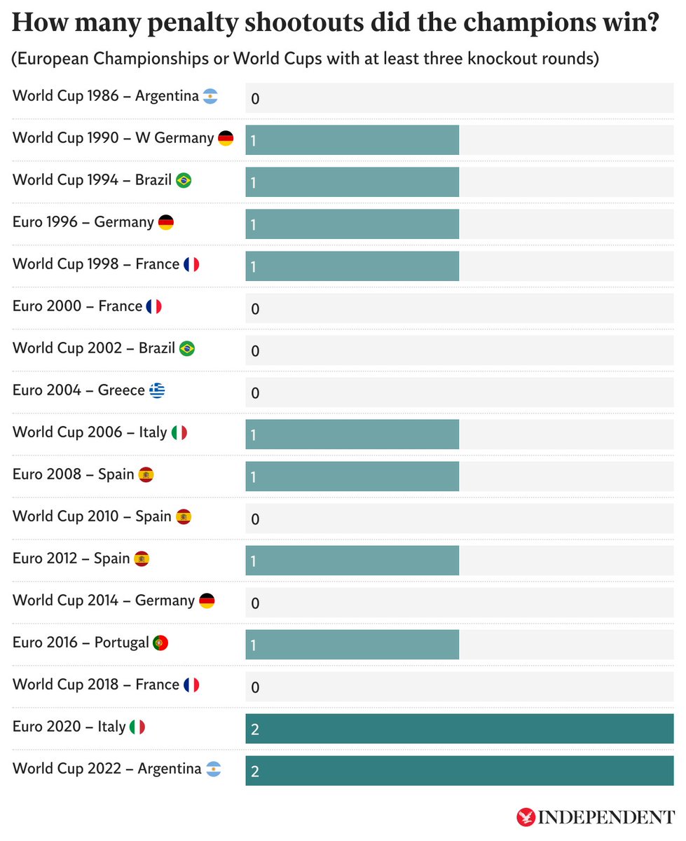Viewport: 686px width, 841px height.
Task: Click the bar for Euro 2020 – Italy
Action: (459, 729)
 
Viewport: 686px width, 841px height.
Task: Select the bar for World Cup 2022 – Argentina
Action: (459, 771)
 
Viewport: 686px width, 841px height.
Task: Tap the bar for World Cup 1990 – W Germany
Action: (352, 140)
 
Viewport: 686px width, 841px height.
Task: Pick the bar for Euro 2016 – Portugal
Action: (352, 645)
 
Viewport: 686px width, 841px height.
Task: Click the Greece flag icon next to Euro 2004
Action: (157, 390)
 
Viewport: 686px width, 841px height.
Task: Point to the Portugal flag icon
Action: (160, 643)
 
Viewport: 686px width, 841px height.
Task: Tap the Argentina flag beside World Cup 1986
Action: (210, 96)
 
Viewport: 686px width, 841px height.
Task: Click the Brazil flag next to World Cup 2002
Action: (187, 348)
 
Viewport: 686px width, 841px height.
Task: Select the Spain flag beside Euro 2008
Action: (146, 474)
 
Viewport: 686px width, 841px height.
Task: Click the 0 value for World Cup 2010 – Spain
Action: (255, 519)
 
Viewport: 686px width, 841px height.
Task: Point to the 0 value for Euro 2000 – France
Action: (255, 309)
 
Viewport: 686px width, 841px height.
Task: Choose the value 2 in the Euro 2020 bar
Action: (255, 730)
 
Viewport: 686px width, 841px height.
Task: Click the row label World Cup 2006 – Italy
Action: (90, 432)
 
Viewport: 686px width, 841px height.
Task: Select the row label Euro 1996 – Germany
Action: (83, 222)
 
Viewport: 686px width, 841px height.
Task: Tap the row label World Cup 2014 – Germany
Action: (103, 601)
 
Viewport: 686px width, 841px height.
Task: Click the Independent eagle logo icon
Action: (526, 817)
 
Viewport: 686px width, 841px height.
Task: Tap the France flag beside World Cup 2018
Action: (191, 685)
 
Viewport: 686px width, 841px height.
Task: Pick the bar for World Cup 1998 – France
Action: (352, 266)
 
